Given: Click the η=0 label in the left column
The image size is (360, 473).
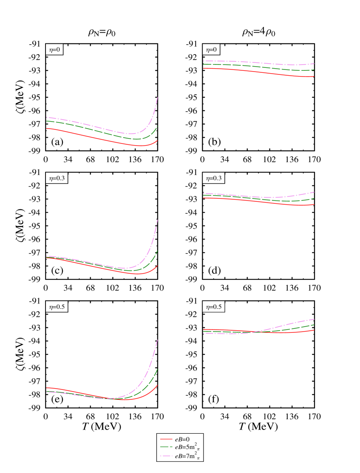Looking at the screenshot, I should coord(54,50).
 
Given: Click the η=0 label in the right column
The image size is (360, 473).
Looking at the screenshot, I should coord(211,50).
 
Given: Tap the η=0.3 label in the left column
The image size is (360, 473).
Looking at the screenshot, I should coord(57,178).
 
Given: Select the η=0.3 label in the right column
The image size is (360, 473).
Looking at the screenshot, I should coord(214,178).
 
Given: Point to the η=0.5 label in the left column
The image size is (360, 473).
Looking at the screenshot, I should coord(57,307).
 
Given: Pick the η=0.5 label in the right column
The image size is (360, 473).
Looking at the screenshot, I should coord(214,307).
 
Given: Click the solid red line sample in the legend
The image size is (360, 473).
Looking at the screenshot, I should coord(166,439).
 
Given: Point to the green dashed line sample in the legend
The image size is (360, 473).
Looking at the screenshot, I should coord(166,447).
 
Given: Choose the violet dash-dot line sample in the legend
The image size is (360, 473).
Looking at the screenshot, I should coord(166,456).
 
